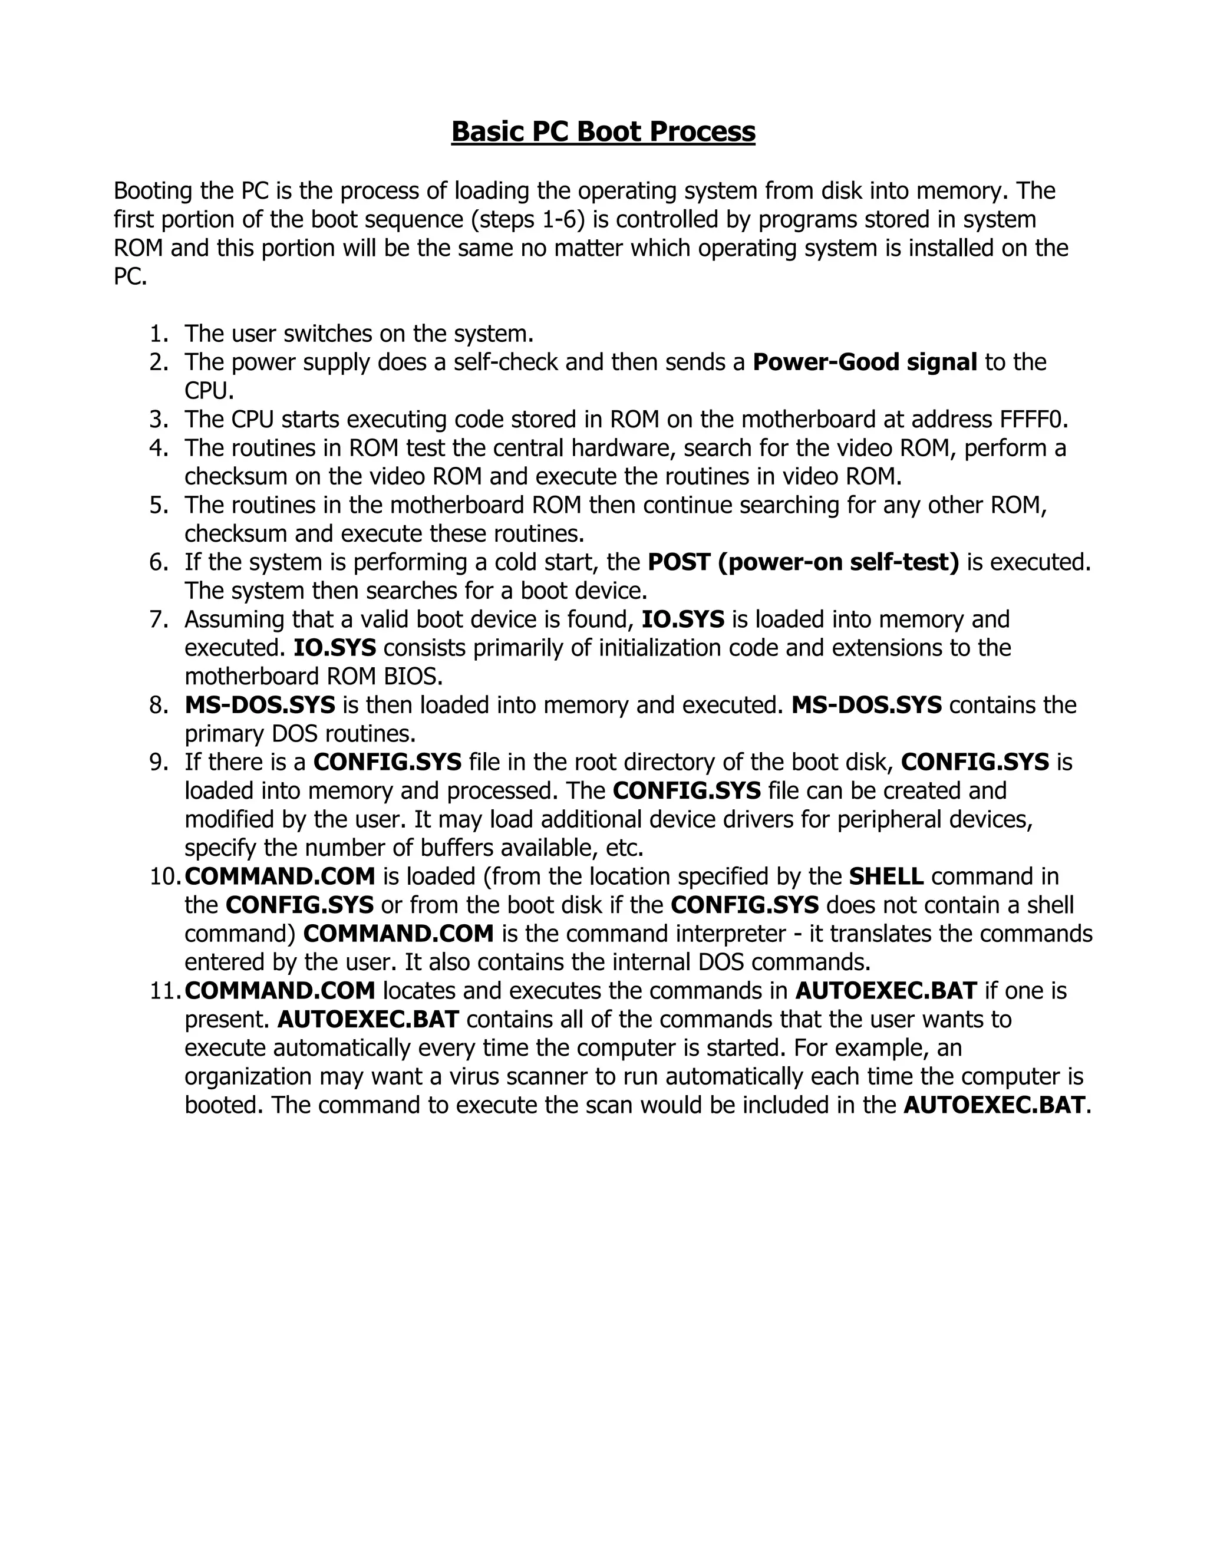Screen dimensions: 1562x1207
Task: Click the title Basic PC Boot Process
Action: coord(603,131)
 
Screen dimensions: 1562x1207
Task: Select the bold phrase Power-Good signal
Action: coord(865,363)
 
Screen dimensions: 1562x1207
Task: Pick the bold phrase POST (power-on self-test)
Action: coord(803,562)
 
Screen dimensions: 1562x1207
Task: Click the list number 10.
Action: coord(164,877)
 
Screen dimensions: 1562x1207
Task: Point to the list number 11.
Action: coord(164,991)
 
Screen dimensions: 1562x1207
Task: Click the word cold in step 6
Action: coord(511,562)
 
